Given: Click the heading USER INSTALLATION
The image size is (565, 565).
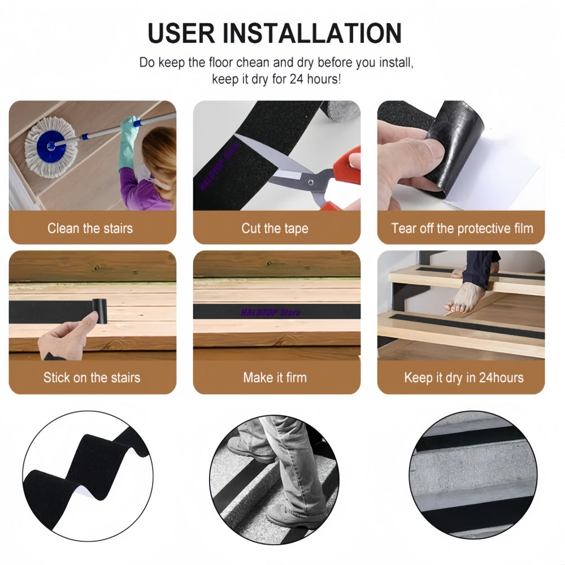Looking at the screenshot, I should tap(275, 33).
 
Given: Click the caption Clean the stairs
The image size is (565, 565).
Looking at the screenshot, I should tap(90, 228).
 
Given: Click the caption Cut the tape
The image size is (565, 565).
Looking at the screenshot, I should tap(275, 228).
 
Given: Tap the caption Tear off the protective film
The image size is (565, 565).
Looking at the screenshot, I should tap(462, 228).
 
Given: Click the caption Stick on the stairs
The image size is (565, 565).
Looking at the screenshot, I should tap(92, 377).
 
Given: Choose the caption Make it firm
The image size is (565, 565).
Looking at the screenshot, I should tap(275, 377).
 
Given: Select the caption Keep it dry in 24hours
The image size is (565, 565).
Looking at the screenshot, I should tap(463, 377).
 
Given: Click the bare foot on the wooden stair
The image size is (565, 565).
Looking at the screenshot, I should tap(464, 298).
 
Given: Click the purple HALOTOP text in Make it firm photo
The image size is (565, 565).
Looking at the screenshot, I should tap(271, 312).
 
